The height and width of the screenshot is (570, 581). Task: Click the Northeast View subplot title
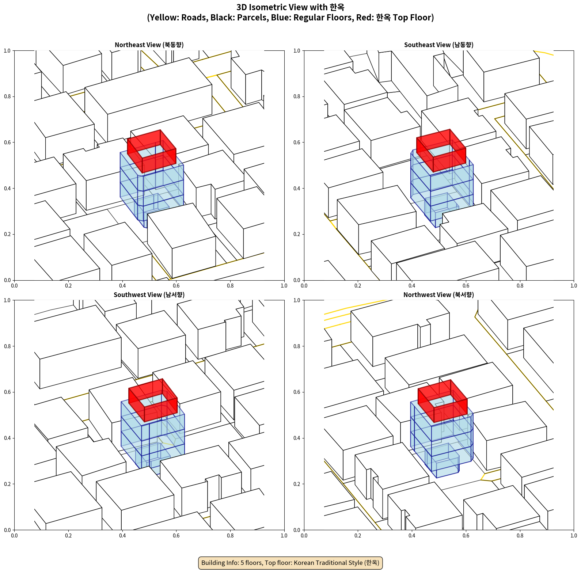[149, 45]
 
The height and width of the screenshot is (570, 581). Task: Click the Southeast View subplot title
[438, 45]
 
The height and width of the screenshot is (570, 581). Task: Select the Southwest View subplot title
[149, 295]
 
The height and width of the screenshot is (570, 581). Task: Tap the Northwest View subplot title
[438, 295]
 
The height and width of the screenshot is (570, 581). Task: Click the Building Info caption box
[290, 563]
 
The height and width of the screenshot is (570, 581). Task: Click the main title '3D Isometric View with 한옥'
[290, 7]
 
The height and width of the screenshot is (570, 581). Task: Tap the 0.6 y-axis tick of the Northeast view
[7, 142]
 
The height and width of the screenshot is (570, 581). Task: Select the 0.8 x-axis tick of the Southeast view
[520, 286]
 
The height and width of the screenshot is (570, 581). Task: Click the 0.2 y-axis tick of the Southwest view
[7, 484]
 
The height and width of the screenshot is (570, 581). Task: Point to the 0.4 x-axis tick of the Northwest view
[412, 536]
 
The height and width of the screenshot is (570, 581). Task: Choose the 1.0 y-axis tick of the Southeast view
[297, 51]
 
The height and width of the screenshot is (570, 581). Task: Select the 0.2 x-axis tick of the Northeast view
[68, 286]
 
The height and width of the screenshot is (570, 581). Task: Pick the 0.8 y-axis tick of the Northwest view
[297, 346]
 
